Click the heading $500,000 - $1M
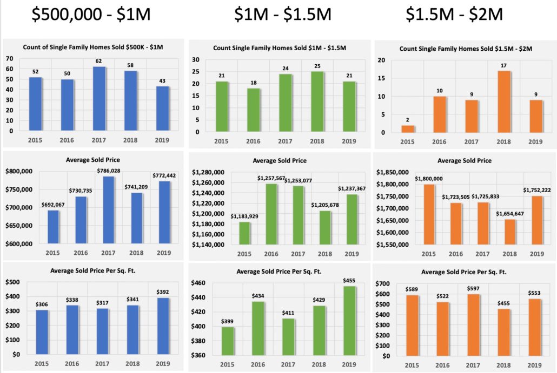[90, 15]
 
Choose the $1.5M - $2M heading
[455, 15]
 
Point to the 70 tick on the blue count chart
[10, 58]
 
